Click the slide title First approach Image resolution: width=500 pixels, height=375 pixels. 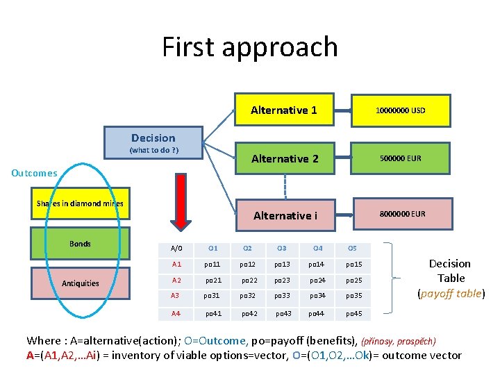(x=250, y=47)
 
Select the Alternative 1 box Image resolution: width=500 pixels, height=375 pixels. (x=283, y=110)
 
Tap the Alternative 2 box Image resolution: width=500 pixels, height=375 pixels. (x=285, y=159)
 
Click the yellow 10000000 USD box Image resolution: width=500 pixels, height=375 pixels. (x=400, y=110)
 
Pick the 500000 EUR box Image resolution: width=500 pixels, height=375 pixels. (x=400, y=158)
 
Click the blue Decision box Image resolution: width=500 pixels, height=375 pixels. (x=153, y=142)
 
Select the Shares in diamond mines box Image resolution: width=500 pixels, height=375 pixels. (x=80, y=203)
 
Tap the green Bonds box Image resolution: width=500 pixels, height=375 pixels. (x=80, y=244)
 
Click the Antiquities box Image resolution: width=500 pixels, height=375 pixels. (x=80, y=283)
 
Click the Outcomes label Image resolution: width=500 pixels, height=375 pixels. (x=34, y=173)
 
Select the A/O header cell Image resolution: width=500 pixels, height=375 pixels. (x=176, y=249)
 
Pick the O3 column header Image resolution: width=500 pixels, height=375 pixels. (x=281, y=249)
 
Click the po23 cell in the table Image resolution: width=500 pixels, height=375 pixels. (x=281, y=281)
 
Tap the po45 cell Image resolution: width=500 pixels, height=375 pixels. (x=353, y=314)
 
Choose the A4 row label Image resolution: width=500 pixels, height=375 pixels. (x=176, y=314)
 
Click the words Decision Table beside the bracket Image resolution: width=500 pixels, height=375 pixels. (x=450, y=271)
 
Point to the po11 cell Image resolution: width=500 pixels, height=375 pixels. (x=212, y=265)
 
